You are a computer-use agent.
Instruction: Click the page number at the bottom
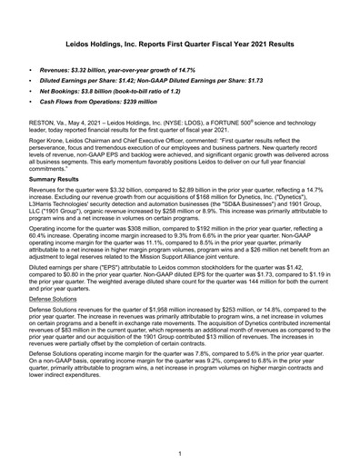click(180, 453)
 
